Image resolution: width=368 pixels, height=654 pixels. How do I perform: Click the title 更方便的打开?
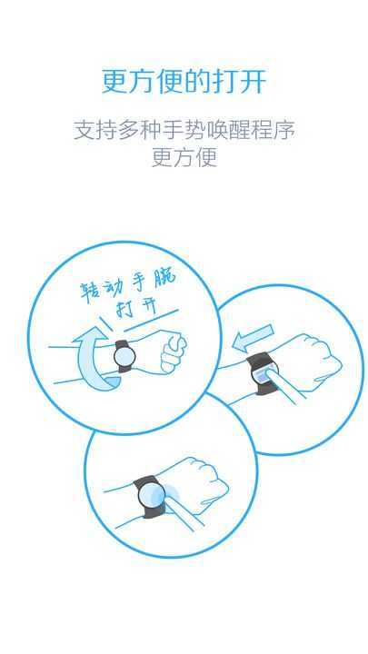click(184, 81)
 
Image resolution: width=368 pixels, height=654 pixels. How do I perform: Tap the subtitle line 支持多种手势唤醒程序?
click(184, 129)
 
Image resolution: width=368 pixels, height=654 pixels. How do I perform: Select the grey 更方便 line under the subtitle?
click(184, 157)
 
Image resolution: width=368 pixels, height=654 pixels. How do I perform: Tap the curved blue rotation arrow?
click(91, 362)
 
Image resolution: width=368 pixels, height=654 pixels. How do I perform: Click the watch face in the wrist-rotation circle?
click(123, 357)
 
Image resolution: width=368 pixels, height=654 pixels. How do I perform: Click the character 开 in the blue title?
click(254, 81)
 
